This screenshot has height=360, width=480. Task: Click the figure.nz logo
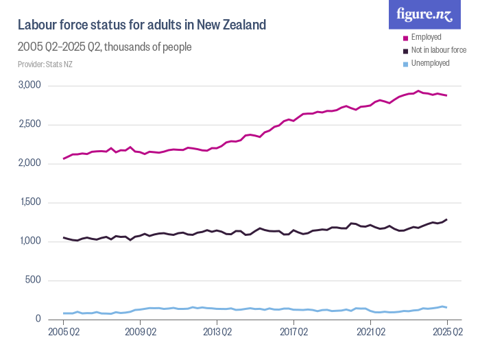(424, 14)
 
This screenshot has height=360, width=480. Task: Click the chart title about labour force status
(141, 25)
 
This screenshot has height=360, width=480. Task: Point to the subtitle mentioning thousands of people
(104, 47)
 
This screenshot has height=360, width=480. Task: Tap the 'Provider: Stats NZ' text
(45, 64)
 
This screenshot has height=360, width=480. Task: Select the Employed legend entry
(426, 37)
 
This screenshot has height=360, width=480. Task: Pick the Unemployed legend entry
(430, 63)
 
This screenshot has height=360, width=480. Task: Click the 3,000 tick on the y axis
(31, 86)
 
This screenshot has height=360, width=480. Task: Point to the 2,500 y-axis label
(31, 125)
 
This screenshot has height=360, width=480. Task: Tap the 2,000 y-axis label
(31, 164)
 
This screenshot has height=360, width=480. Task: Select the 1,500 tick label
(31, 203)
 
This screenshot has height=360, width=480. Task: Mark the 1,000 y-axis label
(31, 241)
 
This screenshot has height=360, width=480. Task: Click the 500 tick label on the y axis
(34, 280)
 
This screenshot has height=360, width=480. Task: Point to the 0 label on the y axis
(38, 320)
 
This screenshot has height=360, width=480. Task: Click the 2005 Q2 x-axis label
(64, 333)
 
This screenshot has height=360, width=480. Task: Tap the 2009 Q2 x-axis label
(141, 333)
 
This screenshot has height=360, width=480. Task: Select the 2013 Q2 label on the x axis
(217, 333)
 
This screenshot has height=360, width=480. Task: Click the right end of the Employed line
(446, 95)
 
